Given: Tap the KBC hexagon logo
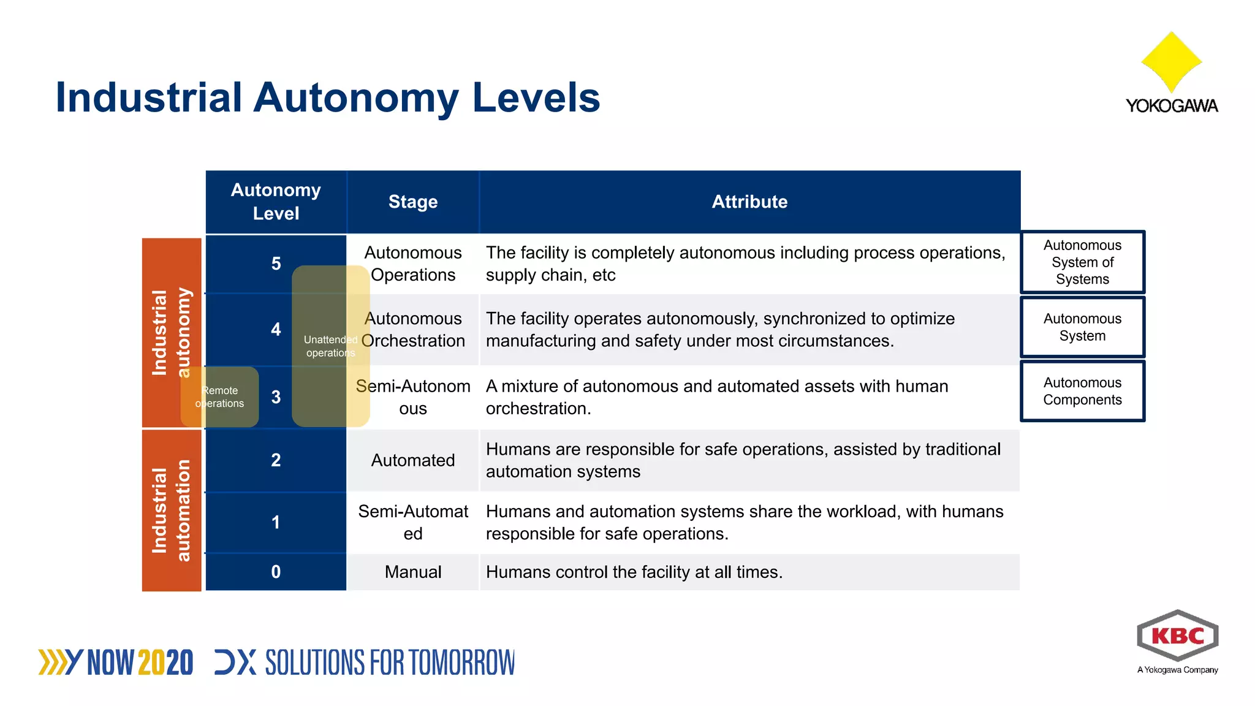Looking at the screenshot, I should click(1177, 636).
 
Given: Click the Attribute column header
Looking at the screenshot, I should click(749, 202).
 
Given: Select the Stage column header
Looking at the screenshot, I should click(413, 202).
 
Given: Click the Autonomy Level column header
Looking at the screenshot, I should click(276, 202).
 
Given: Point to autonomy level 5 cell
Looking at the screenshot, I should click(276, 264).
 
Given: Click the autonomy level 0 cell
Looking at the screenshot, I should click(276, 572).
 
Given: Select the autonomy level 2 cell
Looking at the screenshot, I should click(276, 460).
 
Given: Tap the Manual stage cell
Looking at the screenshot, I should click(413, 572).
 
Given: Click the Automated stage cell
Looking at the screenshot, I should click(413, 460).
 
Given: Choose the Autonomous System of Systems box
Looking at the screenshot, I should click(1082, 262).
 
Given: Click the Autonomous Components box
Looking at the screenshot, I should click(1082, 391).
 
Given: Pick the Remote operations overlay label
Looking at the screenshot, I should click(220, 397).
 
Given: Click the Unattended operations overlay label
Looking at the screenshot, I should click(330, 346).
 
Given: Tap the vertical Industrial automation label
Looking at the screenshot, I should click(171, 511).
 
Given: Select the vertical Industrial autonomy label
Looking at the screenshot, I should click(171, 333).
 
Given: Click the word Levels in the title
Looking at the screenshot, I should click(536, 97).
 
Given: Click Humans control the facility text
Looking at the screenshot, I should click(634, 572).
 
